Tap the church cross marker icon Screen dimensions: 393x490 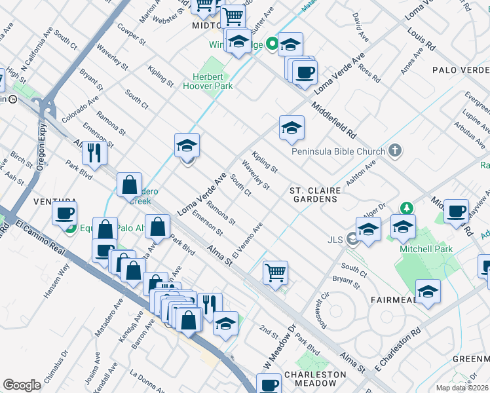[x=394, y=151]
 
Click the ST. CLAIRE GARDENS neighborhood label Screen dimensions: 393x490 [x=315, y=195]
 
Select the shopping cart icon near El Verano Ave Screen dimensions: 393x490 [x=276, y=272]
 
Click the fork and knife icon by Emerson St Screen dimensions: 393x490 [x=94, y=152]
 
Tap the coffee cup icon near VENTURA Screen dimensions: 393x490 [x=65, y=213]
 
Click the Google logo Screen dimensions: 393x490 [x=21, y=385]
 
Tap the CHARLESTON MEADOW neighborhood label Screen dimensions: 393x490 [x=315, y=379]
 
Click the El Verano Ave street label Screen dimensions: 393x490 [x=247, y=240]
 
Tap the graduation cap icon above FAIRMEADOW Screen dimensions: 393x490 [x=428, y=291]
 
